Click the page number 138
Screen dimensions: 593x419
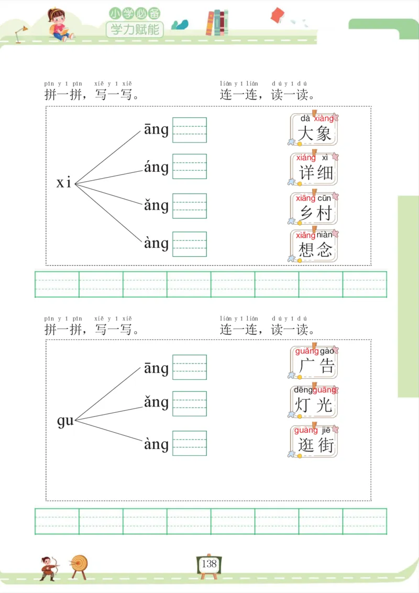(x=209, y=564)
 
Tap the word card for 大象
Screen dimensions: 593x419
(x=314, y=129)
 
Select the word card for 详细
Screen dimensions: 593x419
(x=314, y=168)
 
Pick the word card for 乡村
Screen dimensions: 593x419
(x=314, y=208)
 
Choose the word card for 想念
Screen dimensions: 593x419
(x=314, y=245)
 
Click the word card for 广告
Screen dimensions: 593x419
(x=314, y=361)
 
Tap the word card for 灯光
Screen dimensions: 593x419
(x=314, y=401)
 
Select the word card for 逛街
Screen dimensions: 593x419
(x=314, y=441)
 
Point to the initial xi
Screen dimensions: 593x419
(x=64, y=183)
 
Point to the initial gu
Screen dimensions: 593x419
(x=65, y=421)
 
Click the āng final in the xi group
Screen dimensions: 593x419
(x=156, y=129)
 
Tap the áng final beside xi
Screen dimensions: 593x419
(x=156, y=167)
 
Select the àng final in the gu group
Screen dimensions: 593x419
(x=156, y=444)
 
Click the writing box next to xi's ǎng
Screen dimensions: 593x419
(x=190, y=206)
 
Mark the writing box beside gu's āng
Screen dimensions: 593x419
(x=190, y=367)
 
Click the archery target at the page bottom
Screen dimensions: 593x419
(x=80, y=564)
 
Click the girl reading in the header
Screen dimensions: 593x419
(x=59, y=25)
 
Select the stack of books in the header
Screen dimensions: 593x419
(x=217, y=23)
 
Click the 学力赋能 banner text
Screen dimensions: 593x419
(x=135, y=29)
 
